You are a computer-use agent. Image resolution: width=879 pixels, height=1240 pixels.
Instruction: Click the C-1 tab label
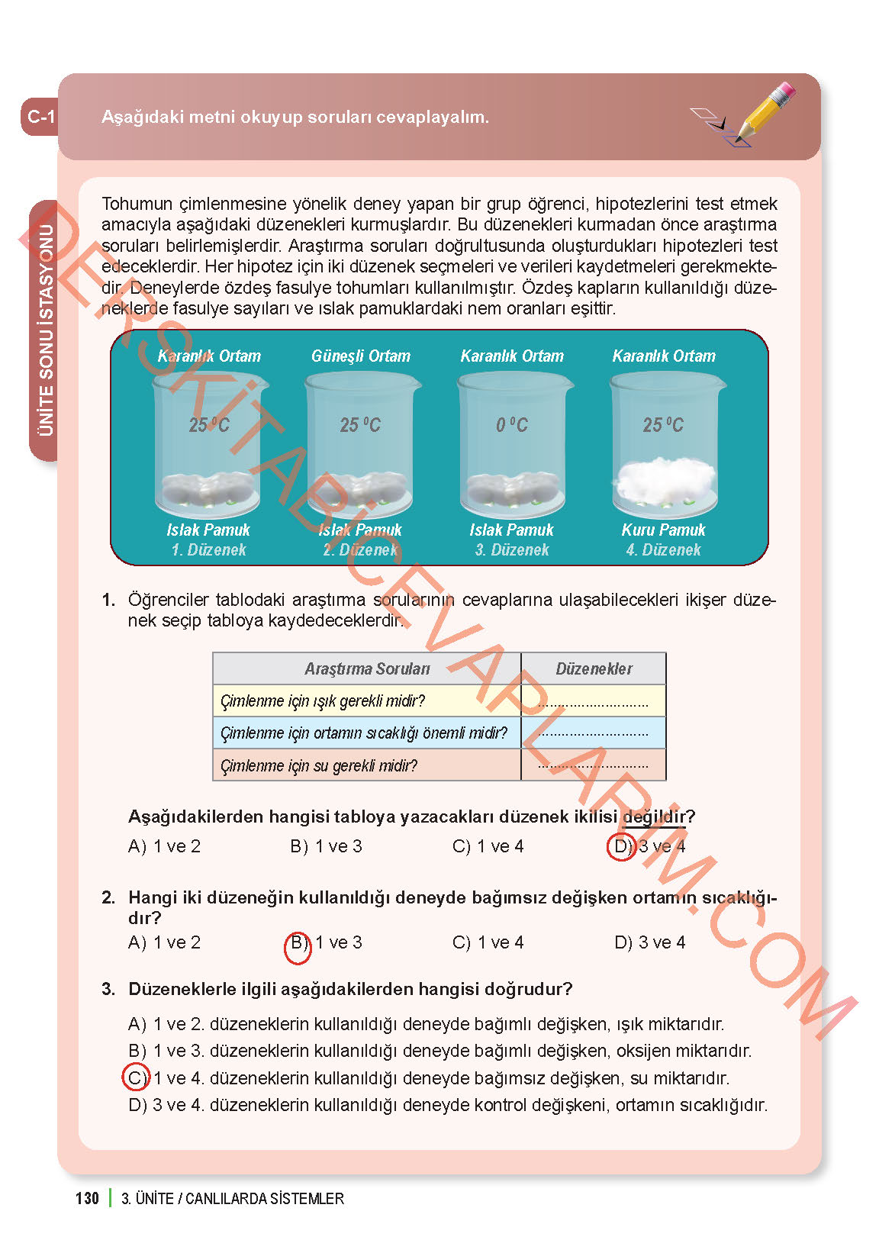pos(40,117)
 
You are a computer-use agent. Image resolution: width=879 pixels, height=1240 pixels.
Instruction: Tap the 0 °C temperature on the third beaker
pos(511,425)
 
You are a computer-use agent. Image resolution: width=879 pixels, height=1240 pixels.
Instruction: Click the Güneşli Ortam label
pos(360,356)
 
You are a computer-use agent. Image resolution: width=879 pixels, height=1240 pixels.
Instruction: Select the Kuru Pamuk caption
pos(663,530)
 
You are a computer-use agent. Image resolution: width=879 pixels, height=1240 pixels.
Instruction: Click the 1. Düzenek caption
pos(208,550)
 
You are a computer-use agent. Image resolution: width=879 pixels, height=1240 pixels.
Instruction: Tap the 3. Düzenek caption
pos(511,550)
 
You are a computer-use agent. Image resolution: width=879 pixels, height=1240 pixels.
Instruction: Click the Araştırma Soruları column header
pos(367,669)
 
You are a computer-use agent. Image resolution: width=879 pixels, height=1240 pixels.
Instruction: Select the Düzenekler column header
pos(594,669)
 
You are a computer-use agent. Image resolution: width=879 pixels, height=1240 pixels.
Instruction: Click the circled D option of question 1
pos(621,846)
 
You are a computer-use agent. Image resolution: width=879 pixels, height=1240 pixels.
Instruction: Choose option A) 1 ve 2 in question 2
pos(164,942)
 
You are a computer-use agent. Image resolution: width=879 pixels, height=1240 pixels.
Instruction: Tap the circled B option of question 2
pos(298,944)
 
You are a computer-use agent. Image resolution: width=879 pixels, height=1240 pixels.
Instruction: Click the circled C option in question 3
pos(136,1077)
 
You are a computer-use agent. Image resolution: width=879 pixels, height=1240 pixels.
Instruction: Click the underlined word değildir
pos(653,816)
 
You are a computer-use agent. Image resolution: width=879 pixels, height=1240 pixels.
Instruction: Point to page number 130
pos(87,1198)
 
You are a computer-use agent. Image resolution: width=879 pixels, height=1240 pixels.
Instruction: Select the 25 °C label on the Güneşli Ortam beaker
pos(360,425)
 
